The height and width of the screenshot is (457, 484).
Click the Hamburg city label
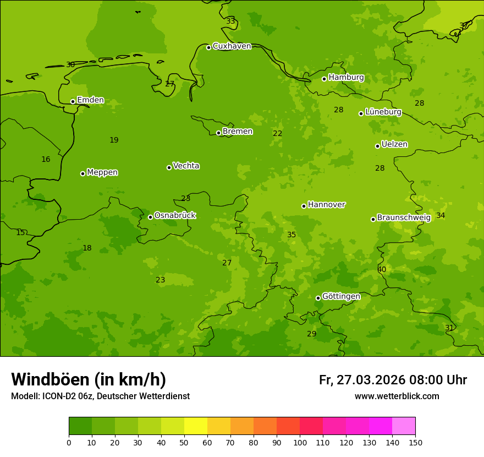pos(346,78)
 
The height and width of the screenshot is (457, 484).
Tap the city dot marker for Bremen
pos(218,133)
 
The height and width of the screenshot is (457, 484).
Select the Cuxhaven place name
pos(232,46)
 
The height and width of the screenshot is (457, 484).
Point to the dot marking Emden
pos(73,101)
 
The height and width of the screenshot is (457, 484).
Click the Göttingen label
pos(341,297)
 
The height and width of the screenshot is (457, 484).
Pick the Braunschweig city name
pos(404,218)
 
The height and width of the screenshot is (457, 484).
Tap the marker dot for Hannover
pos(304,206)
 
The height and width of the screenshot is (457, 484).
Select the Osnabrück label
pos(175,216)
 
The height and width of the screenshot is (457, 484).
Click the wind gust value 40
pos(382,270)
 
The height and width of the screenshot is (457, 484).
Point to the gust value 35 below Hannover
pos(291,235)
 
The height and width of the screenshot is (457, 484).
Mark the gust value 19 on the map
pos(114,140)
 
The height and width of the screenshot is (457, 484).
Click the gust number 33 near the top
pos(230,21)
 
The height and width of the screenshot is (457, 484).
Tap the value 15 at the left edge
pos(20,233)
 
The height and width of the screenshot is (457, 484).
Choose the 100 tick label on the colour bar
pos(300,442)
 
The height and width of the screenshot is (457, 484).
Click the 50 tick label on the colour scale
pos(184,442)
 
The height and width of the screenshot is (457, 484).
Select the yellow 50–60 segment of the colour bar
pos(196,426)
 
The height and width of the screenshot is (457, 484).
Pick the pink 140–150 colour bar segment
pos(404,426)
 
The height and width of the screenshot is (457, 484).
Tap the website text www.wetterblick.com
pos(397,396)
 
